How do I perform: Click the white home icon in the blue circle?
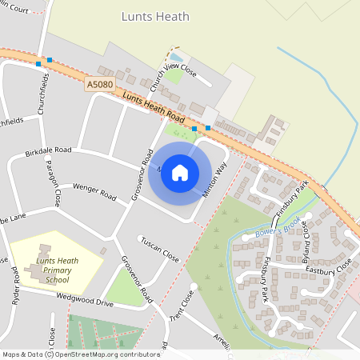click(x=180, y=173)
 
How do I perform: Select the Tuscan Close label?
click(x=160, y=249)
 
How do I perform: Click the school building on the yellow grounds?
click(x=37, y=271)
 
